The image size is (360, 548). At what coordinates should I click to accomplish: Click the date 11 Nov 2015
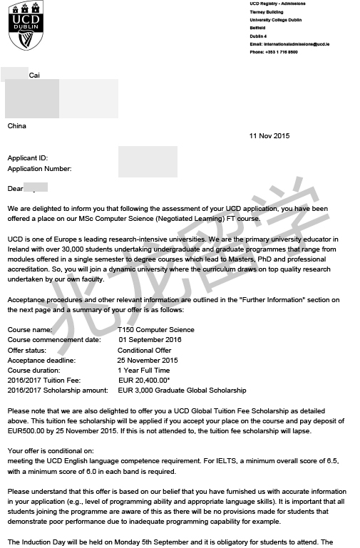(x=269, y=136)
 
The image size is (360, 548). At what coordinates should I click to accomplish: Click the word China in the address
(x=17, y=126)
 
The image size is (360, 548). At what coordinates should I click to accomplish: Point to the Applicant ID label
(x=27, y=157)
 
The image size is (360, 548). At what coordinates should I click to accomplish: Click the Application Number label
(x=39, y=169)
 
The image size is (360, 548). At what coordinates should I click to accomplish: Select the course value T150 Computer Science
(x=156, y=330)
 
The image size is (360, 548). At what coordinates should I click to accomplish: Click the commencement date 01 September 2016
(x=150, y=340)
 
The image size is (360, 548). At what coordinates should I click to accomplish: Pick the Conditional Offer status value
(x=145, y=350)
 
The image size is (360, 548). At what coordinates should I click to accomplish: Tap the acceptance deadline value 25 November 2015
(x=148, y=360)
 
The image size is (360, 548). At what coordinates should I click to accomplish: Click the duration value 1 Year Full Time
(x=144, y=371)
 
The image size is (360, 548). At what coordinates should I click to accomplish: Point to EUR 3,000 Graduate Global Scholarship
(x=182, y=391)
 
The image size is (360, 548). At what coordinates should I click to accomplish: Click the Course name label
(x=30, y=330)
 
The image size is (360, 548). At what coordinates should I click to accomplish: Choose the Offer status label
(x=29, y=350)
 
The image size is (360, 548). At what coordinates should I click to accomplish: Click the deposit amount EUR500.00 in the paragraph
(x=27, y=431)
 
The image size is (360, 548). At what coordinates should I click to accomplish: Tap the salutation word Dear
(x=15, y=189)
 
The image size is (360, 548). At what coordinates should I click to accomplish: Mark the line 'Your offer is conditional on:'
(x=50, y=451)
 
